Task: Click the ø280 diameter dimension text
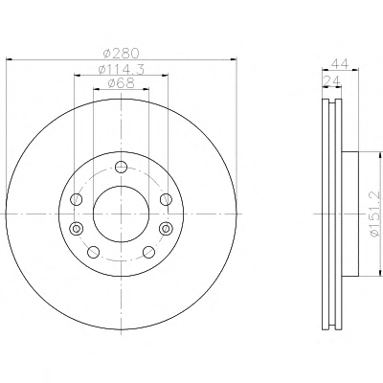click(x=122, y=53)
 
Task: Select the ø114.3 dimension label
click(x=122, y=69)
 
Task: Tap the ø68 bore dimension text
click(x=122, y=83)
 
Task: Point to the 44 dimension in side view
click(x=339, y=63)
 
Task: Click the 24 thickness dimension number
click(x=331, y=81)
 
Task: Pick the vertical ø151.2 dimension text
click(x=374, y=214)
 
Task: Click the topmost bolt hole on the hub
click(x=122, y=167)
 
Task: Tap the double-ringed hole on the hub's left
click(x=77, y=229)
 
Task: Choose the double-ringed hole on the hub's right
click(x=166, y=229)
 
